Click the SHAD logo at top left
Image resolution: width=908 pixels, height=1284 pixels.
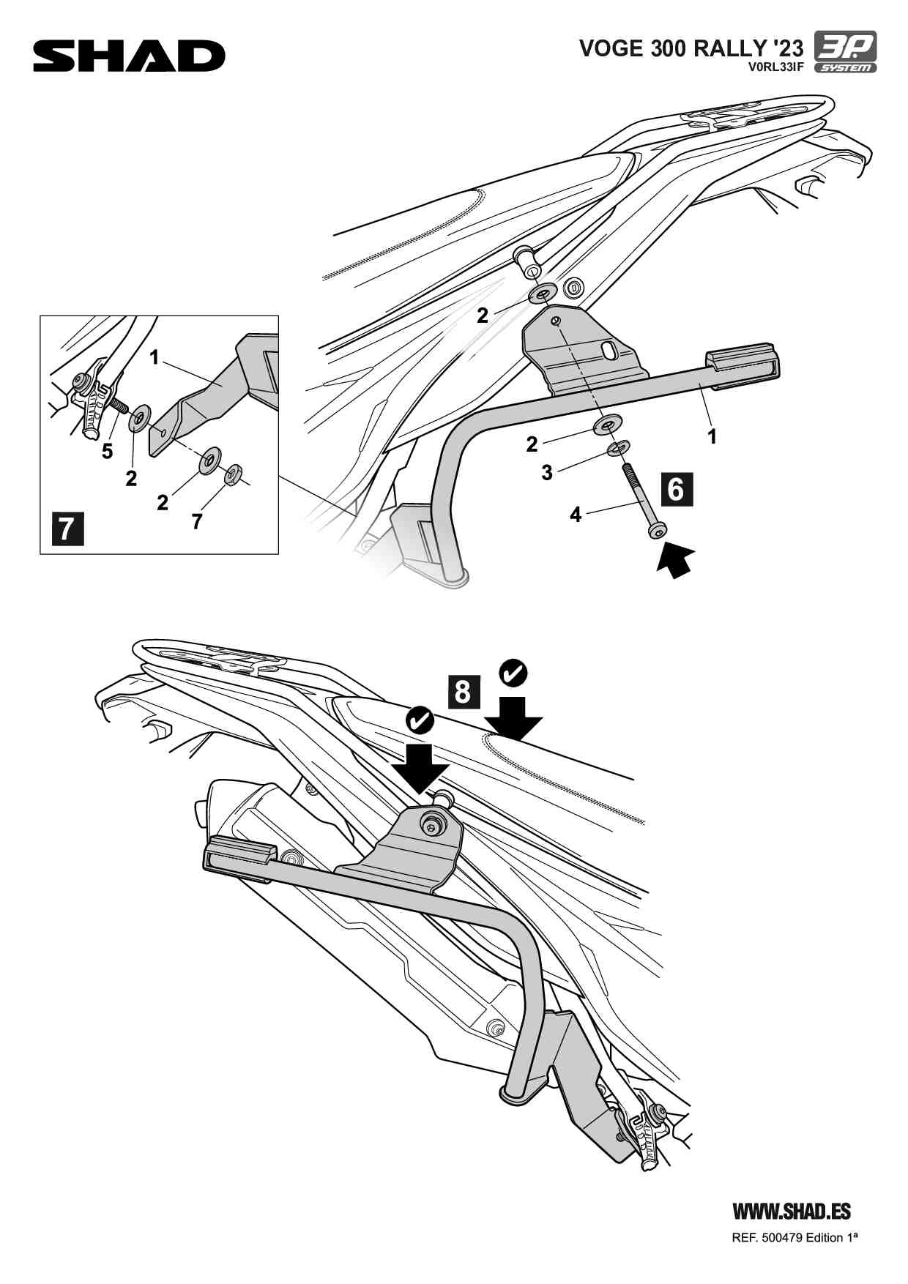(129, 56)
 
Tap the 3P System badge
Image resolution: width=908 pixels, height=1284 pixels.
(845, 52)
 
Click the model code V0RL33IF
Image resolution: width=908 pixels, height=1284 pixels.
(775, 67)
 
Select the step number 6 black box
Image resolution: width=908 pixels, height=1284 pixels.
(677, 488)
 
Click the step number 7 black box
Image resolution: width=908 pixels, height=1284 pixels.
(67, 529)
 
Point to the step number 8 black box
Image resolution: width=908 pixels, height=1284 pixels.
(463, 691)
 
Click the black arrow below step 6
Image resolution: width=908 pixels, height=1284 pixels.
(675, 559)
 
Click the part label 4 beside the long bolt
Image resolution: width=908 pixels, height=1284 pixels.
(576, 515)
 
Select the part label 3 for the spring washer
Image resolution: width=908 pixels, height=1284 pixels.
(547, 473)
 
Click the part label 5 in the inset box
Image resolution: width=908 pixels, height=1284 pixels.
(108, 452)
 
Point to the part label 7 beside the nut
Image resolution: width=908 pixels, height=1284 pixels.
(196, 521)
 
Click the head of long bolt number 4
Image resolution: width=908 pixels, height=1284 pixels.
(657, 529)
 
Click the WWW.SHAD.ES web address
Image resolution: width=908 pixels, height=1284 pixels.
(792, 1212)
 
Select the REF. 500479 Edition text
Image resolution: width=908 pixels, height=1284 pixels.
(794, 1238)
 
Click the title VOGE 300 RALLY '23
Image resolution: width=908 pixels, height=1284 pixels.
(691, 48)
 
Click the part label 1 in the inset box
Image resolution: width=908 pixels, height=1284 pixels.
(155, 357)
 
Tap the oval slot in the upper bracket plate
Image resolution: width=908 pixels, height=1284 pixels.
(609, 351)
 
